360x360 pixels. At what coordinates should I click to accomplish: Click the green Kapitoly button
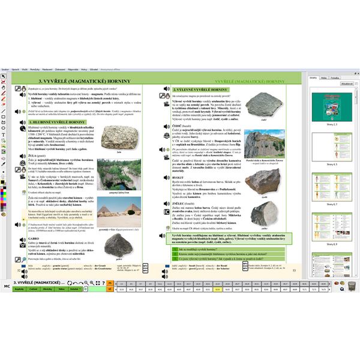click(x=19, y=289)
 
